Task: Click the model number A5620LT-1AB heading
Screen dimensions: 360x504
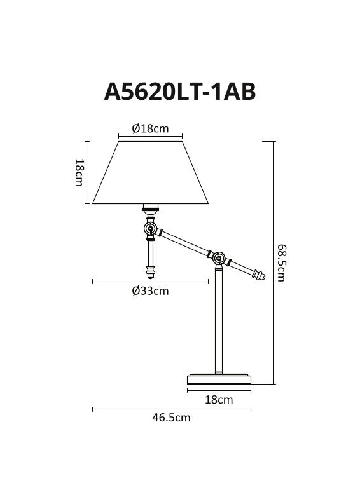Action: [180, 92]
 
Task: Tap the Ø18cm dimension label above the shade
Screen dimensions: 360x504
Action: [150, 128]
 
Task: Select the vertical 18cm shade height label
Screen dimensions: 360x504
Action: [79, 173]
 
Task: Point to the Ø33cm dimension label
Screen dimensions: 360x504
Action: [150, 291]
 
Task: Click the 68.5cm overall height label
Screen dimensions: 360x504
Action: [281, 262]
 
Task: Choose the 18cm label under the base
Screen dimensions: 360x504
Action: [219, 400]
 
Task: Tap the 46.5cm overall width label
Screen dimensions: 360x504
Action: [171, 418]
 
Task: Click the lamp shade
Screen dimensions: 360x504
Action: [150, 173]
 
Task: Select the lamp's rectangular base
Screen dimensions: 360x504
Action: [219, 379]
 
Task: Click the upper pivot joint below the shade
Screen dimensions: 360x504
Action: [150, 229]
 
